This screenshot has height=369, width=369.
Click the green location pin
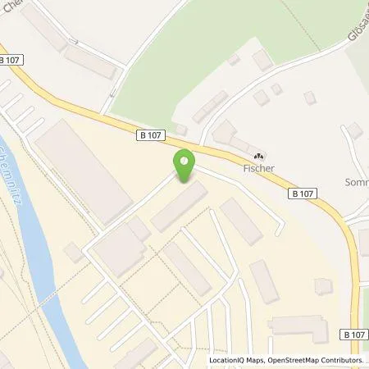pos(184,163)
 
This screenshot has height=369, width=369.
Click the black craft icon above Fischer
pos(261,156)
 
